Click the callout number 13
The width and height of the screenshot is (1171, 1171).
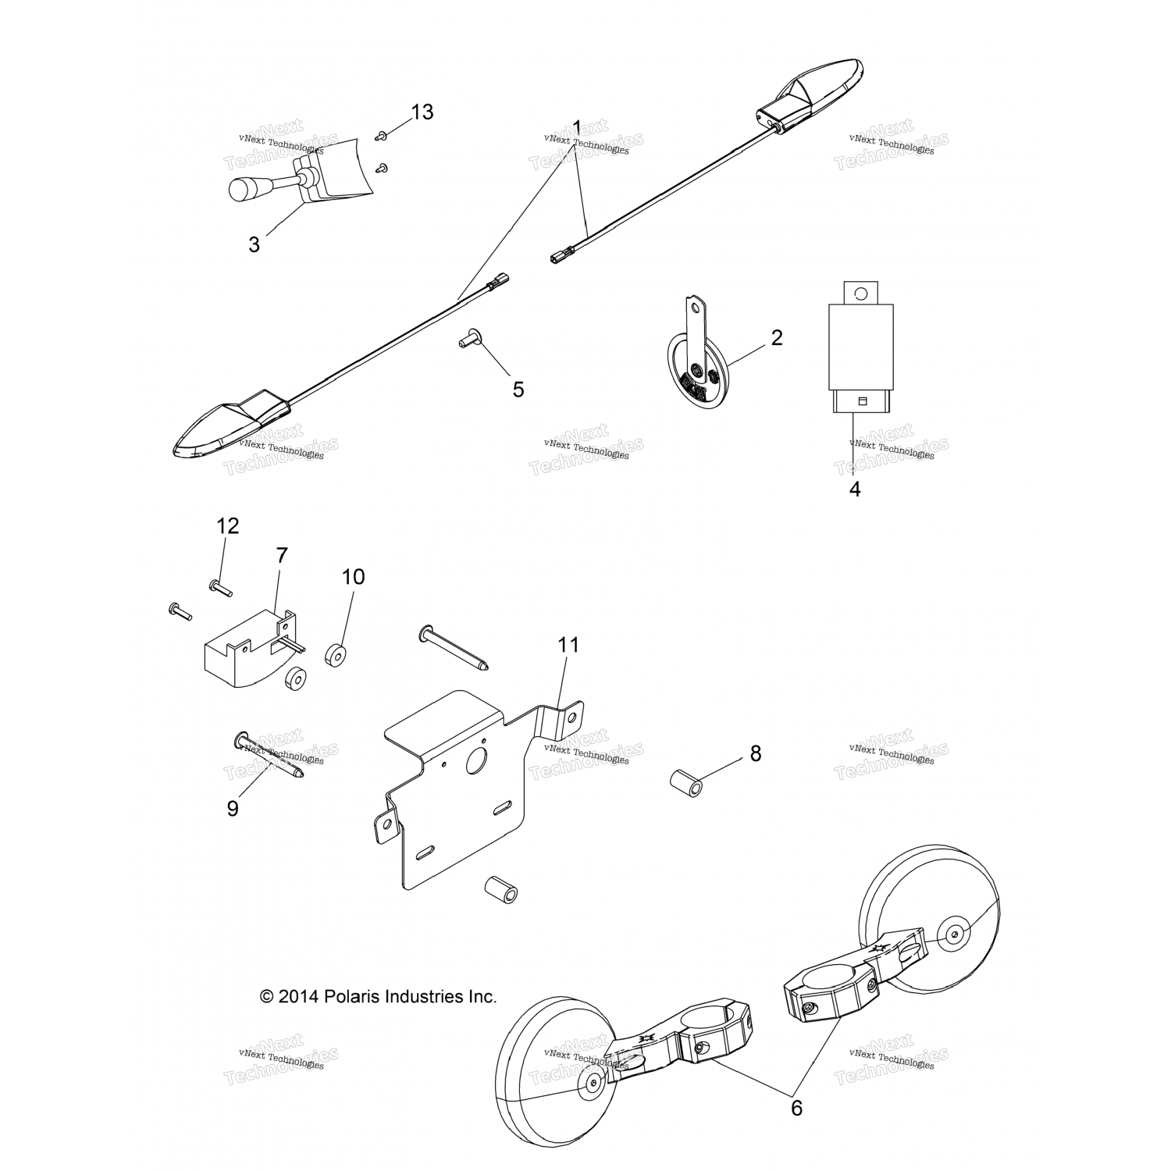coord(422,112)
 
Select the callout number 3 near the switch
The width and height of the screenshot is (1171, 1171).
coord(254,244)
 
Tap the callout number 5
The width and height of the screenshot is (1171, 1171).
coord(518,389)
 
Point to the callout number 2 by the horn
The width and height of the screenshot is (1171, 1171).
coord(776,338)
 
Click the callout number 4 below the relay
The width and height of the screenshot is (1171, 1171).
coord(855,489)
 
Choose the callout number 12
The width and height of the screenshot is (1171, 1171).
coord(227,526)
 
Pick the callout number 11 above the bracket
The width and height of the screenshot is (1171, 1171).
coord(569,645)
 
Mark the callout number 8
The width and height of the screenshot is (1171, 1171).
coord(755,753)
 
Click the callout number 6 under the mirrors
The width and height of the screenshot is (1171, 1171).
coord(796,1108)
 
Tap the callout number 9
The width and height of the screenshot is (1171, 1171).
coord(233,809)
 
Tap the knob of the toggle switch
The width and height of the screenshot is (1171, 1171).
coord(246,189)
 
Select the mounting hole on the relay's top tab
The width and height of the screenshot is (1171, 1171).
coord(860,294)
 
